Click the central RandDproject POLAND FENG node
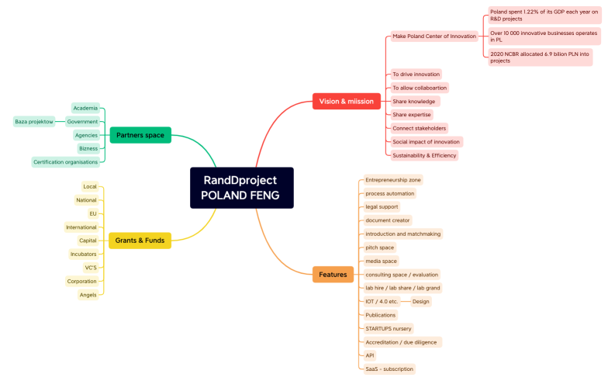point(241,188)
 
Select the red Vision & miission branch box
point(346,101)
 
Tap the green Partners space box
point(140,135)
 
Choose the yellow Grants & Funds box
point(140,241)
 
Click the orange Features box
point(333,274)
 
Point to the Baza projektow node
point(34,122)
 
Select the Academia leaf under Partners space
point(85,108)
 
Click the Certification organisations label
point(66,162)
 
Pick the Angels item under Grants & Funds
point(88,295)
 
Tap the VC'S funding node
point(91,268)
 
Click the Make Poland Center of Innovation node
point(434,36)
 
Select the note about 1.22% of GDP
point(544,15)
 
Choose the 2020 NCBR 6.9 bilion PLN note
point(540,57)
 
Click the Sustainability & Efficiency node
point(423,155)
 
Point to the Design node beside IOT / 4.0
point(420,301)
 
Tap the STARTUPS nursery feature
point(388,328)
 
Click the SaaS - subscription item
point(389,369)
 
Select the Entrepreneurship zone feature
point(393,180)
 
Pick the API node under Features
point(370,355)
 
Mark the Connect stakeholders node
point(420,128)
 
